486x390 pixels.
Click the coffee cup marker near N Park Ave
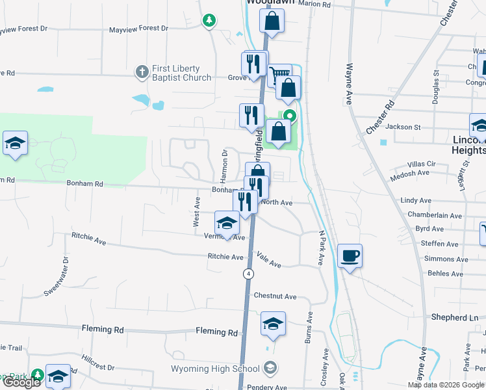coord(350,255)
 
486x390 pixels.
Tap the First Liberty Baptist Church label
coord(181,73)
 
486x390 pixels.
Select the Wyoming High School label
coord(215,369)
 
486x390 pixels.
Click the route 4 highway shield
coord(248,274)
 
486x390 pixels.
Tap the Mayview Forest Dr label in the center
coord(138,29)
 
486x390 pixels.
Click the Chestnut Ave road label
coord(275,296)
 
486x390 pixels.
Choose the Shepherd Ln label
coord(454,318)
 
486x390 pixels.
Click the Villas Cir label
coord(420,164)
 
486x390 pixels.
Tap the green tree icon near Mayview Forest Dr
coord(209,21)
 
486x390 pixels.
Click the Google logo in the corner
coord(21,382)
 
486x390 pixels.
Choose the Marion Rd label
coord(315,4)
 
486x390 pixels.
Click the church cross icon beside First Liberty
coord(142,72)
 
